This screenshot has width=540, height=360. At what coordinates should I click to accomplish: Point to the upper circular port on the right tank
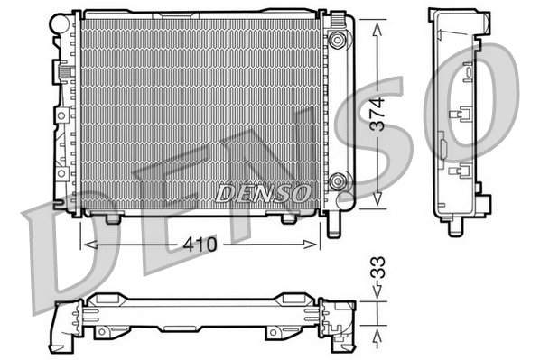[x=339, y=41]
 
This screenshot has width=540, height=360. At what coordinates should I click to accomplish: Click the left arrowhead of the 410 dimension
[x=87, y=244]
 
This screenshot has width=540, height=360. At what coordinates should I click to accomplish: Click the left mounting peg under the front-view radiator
[x=113, y=217]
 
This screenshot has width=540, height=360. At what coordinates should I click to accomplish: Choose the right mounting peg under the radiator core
[x=288, y=217]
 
